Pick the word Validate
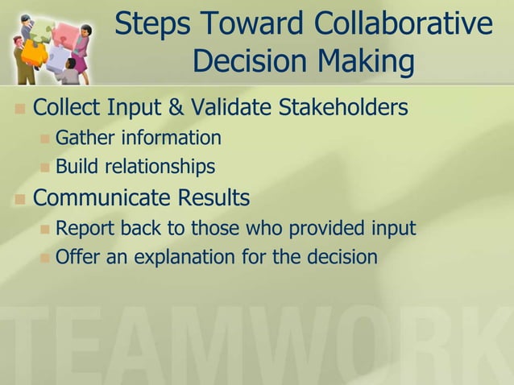[x=221, y=106]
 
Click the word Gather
[x=85, y=138]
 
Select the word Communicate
[x=102, y=197]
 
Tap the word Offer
[x=77, y=258]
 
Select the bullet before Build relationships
[x=45, y=168]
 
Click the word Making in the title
[x=363, y=62]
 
